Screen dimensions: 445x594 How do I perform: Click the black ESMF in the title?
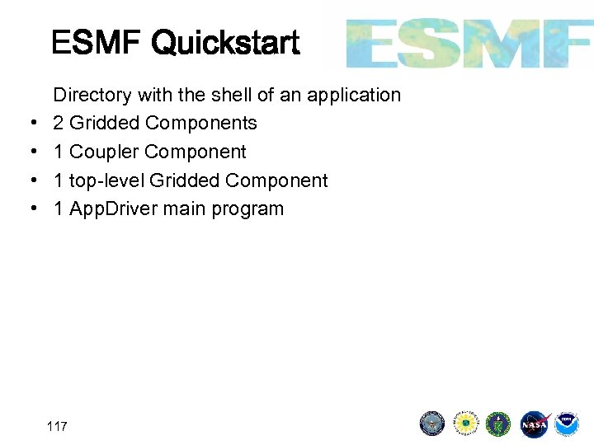coord(97,42)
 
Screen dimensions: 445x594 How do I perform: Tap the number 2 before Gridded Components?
coord(59,124)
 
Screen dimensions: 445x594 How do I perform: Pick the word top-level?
coord(106,180)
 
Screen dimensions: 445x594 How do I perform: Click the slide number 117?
coord(58,426)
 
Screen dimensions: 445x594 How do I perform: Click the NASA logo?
coord(534,424)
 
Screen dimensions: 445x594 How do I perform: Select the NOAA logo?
coord(566,424)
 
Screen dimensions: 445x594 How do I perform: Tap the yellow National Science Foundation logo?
coord(466,424)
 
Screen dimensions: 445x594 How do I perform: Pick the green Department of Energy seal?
coord(498,424)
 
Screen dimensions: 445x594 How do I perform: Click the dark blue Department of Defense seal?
coord(432,424)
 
